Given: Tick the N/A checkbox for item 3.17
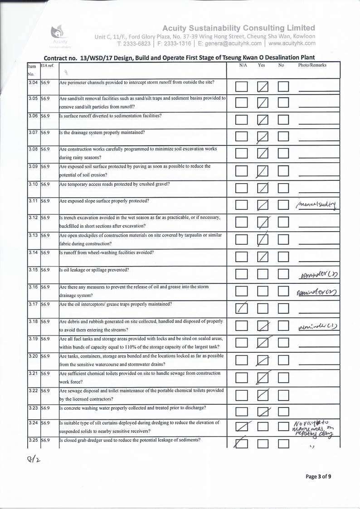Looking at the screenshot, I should tap(242, 309).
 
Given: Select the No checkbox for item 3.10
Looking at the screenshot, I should tap(284, 188).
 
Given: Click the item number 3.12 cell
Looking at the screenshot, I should tap(33, 217).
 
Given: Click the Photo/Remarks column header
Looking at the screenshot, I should tap(312, 65).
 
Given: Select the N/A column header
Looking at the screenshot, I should tap(243, 65).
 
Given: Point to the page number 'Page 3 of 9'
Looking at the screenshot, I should tap(318, 476).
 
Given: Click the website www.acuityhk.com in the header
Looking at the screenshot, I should tap(292, 44).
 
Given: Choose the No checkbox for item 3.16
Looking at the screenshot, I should tap(284, 292).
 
